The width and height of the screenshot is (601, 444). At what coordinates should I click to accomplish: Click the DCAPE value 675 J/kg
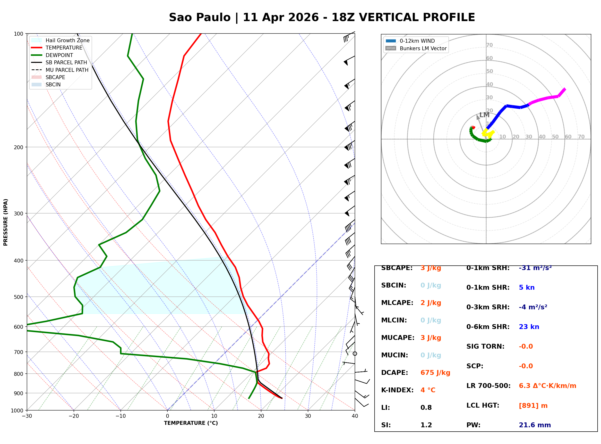435,373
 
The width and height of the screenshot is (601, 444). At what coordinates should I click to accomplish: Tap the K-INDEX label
397,390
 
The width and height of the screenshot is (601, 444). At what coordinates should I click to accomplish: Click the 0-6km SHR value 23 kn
529,327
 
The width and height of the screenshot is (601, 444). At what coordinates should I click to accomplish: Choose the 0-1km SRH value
535,268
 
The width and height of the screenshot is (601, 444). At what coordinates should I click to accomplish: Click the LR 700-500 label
488,386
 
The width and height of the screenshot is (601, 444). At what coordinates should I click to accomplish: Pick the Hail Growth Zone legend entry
67,40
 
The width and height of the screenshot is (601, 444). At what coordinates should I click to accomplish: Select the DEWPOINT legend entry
59,55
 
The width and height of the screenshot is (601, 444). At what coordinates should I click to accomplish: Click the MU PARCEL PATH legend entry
67,70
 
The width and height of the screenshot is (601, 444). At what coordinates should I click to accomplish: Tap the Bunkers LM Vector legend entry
423,48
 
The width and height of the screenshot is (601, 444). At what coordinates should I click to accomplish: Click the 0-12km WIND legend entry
417,41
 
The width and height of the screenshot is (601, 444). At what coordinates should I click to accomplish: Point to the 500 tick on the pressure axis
18,297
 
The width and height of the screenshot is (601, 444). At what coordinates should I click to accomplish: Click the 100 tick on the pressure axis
18,33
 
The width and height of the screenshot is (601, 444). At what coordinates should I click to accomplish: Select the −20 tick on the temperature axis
73,416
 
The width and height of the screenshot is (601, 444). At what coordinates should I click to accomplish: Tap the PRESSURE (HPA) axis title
6,222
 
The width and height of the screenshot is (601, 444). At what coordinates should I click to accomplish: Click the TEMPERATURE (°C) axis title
191,423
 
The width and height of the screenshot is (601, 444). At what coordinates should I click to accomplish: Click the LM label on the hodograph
484,115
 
